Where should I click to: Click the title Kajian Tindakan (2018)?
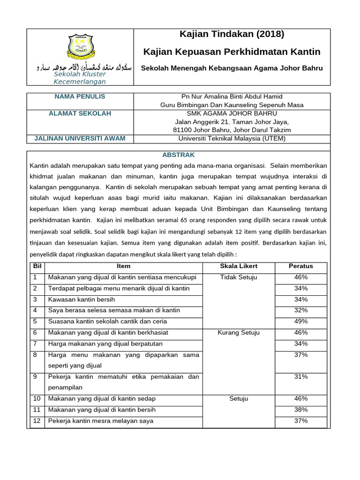coord(232,34)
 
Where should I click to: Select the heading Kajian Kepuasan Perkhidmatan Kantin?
coord(232,52)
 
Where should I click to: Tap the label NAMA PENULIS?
coord(80,97)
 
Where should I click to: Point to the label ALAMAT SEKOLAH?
coord(80,113)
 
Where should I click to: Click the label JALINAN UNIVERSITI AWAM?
coord(80,138)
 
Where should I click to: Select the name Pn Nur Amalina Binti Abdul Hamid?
coord(232,97)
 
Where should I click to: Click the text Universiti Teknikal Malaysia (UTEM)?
coord(232,138)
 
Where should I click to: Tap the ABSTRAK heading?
coord(178,155)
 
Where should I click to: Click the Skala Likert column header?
coord(239,266)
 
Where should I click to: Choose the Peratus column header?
coord(301,266)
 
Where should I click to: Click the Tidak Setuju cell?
coord(239,277)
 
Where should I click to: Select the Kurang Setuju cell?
coord(239,333)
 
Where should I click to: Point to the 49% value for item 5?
coord(301,322)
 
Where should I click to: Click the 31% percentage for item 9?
coord(301,377)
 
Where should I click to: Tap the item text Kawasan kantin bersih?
coord(82,300)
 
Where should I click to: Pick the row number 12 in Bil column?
coord(36,421)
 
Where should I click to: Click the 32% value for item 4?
coord(301,310)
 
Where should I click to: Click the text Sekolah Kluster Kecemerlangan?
coord(80,78)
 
